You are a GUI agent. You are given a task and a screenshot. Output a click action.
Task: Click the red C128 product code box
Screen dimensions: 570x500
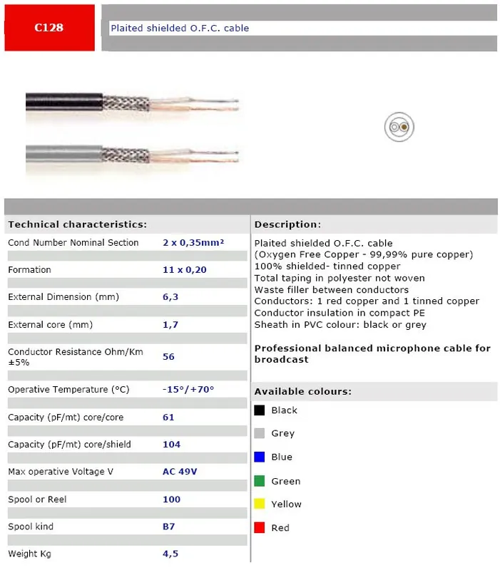pos(49,28)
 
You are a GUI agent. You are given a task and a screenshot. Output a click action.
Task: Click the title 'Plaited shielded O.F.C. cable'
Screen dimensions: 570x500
pos(179,28)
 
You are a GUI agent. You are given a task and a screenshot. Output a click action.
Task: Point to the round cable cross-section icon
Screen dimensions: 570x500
pos(399,128)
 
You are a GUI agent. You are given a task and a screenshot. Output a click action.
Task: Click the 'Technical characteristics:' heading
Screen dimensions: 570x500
pos(77,224)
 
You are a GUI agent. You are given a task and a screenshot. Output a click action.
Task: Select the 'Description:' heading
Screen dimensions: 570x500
pos(287,224)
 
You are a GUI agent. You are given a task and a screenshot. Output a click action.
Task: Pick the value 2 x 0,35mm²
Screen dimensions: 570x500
pos(193,243)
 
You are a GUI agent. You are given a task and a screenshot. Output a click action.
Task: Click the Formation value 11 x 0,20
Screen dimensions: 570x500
pos(185,270)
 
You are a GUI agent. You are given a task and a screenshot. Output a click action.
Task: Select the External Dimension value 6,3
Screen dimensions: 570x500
pos(170,297)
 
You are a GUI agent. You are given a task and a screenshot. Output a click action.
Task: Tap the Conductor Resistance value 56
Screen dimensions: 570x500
pos(168,356)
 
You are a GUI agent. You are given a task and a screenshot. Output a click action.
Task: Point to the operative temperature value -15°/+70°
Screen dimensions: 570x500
pos(188,390)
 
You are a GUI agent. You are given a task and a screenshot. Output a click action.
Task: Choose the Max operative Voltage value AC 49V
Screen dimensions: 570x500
pos(180,472)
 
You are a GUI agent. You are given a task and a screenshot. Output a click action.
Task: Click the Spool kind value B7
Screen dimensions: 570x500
pos(168,527)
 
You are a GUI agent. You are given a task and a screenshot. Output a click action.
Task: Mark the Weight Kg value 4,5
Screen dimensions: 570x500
pos(170,554)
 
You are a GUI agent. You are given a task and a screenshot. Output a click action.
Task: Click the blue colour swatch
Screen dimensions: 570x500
pos(260,457)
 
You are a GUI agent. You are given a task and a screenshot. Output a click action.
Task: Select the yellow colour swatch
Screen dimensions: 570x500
pos(260,504)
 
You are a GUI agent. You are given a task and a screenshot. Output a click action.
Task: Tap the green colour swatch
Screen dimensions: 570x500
pos(260,481)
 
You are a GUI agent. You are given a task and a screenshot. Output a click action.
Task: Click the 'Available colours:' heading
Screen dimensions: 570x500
pos(302,392)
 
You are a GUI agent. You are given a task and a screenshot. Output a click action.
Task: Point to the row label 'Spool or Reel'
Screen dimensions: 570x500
pos(37,499)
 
